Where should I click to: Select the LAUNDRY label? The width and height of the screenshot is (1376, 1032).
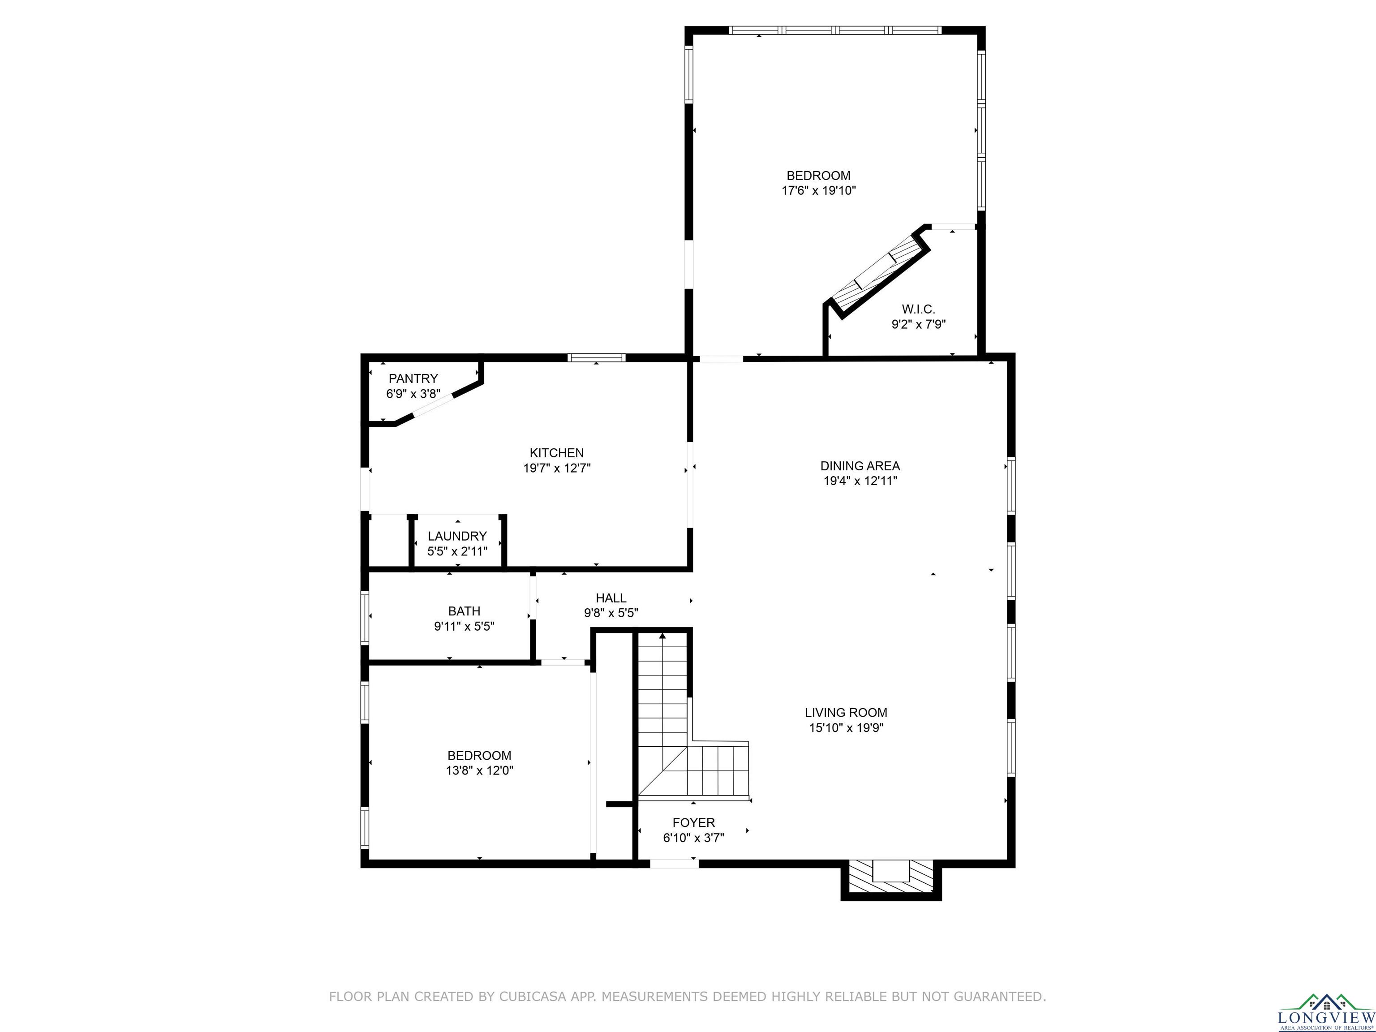coord(457,536)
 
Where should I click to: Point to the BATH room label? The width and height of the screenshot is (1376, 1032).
coord(464,611)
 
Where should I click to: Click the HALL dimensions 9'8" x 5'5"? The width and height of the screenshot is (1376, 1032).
coord(611,613)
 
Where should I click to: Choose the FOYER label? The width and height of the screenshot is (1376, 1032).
coord(693,822)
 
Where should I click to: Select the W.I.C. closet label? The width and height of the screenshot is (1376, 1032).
coord(919,309)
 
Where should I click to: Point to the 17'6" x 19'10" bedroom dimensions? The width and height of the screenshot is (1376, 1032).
coord(819,191)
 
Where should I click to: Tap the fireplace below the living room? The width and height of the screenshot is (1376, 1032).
coord(891,880)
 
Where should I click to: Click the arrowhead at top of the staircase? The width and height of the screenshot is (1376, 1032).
coord(662,636)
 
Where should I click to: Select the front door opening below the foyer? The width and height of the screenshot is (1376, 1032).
coord(674,864)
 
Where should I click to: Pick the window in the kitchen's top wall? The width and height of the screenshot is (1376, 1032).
coord(597,358)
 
